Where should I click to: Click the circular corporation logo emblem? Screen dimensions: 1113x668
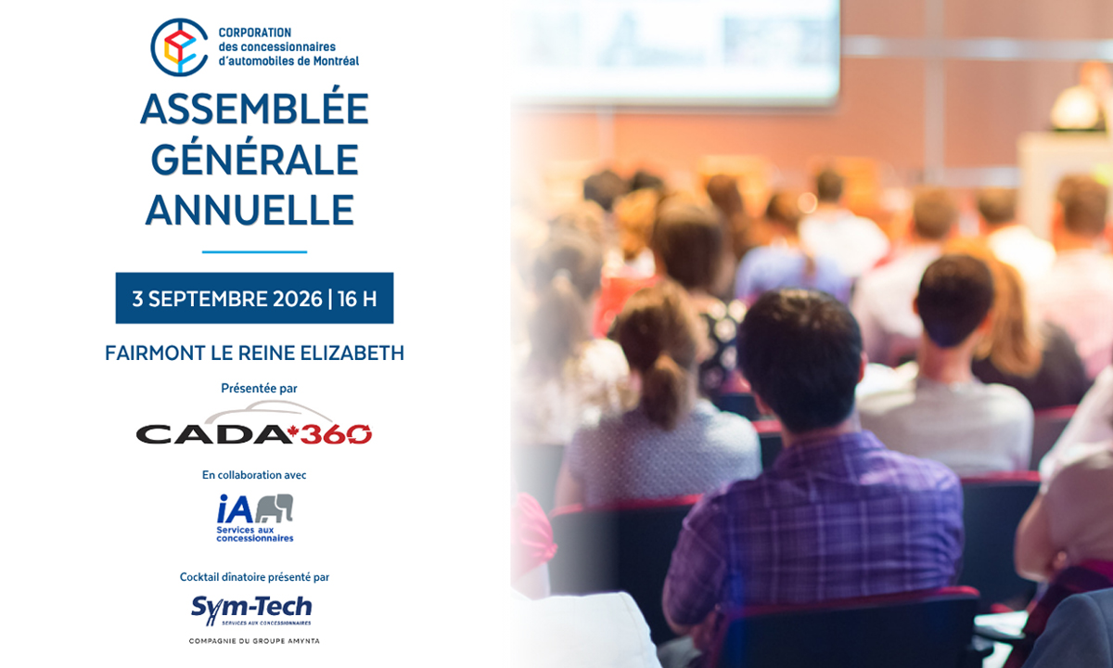point(179,47)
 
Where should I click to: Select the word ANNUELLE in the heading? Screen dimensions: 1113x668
point(249,211)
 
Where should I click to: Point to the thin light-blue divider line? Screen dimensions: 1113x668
point(254,252)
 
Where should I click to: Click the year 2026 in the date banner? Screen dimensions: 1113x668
point(298,299)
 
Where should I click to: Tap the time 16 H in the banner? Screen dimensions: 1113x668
point(357,299)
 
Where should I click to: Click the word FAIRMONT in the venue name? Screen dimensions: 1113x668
point(155,353)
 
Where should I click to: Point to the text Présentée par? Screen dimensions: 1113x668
point(259,389)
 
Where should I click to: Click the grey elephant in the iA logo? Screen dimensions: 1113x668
point(275,508)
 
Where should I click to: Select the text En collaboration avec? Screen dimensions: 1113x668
point(254,475)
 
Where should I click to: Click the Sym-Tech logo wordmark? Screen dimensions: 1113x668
point(251,610)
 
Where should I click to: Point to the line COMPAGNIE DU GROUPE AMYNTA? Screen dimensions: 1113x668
point(254,641)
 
